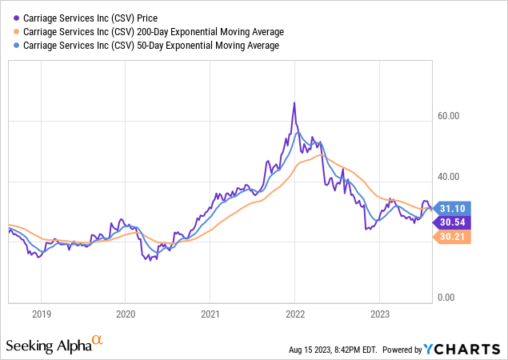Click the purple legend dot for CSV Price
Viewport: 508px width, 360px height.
(x=16, y=18)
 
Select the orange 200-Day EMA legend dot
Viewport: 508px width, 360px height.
(x=16, y=32)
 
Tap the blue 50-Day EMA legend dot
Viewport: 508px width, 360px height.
(x=16, y=46)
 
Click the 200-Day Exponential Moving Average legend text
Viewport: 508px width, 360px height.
(x=152, y=32)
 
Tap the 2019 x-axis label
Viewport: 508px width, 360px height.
(x=41, y=314)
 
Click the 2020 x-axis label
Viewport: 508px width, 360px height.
(x=126, y=314)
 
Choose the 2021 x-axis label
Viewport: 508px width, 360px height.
(x=210, y=314)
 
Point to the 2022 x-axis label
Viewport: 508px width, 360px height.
(x=295, y=314)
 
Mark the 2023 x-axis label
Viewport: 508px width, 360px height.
(x=380, y=314)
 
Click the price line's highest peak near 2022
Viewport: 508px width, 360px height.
(x=294, y=103)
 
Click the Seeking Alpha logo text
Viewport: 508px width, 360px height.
(x=48, y=346)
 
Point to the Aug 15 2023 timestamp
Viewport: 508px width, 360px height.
(x=332, y=350)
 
